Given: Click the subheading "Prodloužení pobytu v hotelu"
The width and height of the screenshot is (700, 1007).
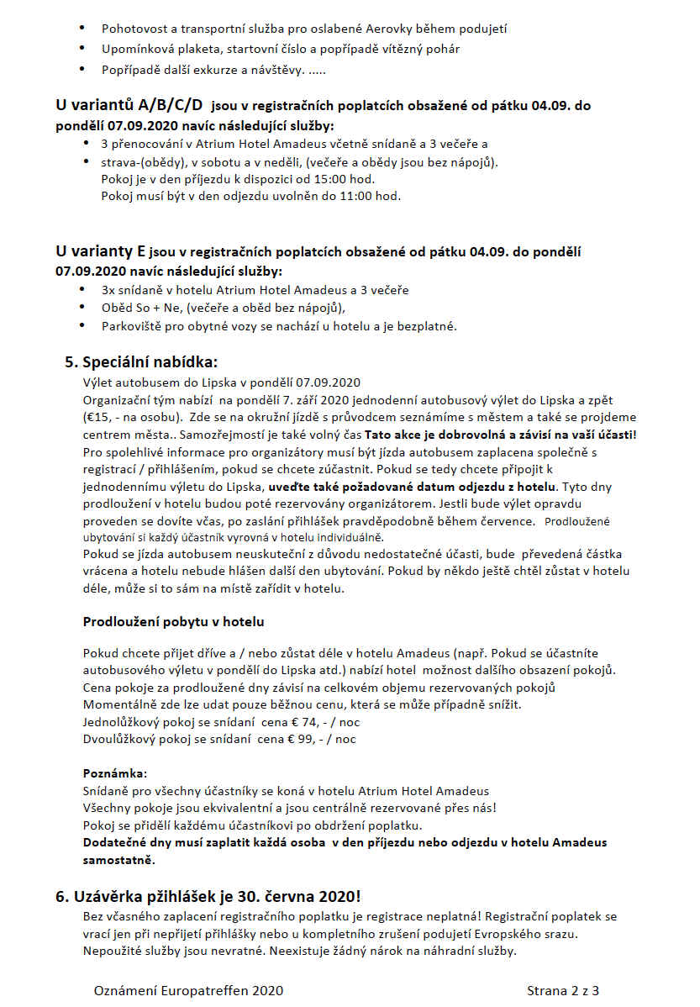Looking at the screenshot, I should click(174, 622).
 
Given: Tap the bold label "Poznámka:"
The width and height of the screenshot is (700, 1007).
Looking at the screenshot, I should click(115, 772).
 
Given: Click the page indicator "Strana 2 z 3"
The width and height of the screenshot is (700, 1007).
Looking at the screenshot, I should click(563, 991).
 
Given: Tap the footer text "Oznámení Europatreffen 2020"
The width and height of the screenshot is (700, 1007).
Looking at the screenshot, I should click(188, 991).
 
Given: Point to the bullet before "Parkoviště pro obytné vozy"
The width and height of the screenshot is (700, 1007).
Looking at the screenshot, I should click(82, 325).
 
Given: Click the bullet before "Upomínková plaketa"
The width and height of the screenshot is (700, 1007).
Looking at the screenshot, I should click(82, 49).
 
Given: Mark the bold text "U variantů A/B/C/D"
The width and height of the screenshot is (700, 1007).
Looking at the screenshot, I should click(129, 105).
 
